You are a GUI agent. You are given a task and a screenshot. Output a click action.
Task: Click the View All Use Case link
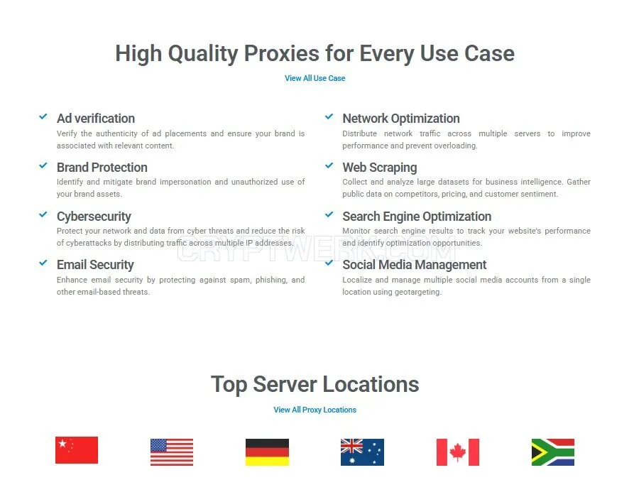point(315,78)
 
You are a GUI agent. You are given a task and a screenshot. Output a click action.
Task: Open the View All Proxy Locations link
point(315,410)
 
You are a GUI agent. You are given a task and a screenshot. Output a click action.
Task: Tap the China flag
point(77,450)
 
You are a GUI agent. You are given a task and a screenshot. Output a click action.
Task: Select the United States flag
point(172,452)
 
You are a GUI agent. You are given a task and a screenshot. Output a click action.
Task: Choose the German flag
point(267,452)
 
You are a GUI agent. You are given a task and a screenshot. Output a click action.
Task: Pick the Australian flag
point(362,452)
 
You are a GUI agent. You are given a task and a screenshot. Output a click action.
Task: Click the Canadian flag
point(458,452)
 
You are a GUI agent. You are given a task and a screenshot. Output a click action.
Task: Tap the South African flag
point(553,452)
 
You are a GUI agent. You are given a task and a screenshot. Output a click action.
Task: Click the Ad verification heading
point(96,119)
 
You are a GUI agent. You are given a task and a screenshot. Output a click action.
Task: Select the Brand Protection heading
point(102,168)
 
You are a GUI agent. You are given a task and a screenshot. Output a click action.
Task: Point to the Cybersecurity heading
point(94,217)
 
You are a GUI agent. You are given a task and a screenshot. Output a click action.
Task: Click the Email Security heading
point(95,265)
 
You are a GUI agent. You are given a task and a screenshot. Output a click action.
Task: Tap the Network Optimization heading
point(401,119)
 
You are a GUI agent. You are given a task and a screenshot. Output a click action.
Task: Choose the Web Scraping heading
point(380,168)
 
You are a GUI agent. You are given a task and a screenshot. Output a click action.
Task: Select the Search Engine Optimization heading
point(417,217)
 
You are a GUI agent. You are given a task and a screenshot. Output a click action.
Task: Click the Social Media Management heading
point(415,265)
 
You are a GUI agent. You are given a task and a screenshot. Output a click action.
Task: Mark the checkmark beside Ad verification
point(43,117)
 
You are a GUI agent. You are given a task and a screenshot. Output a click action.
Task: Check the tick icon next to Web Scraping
point(329,165)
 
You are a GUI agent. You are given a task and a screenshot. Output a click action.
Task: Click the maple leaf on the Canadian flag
point(458,452)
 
